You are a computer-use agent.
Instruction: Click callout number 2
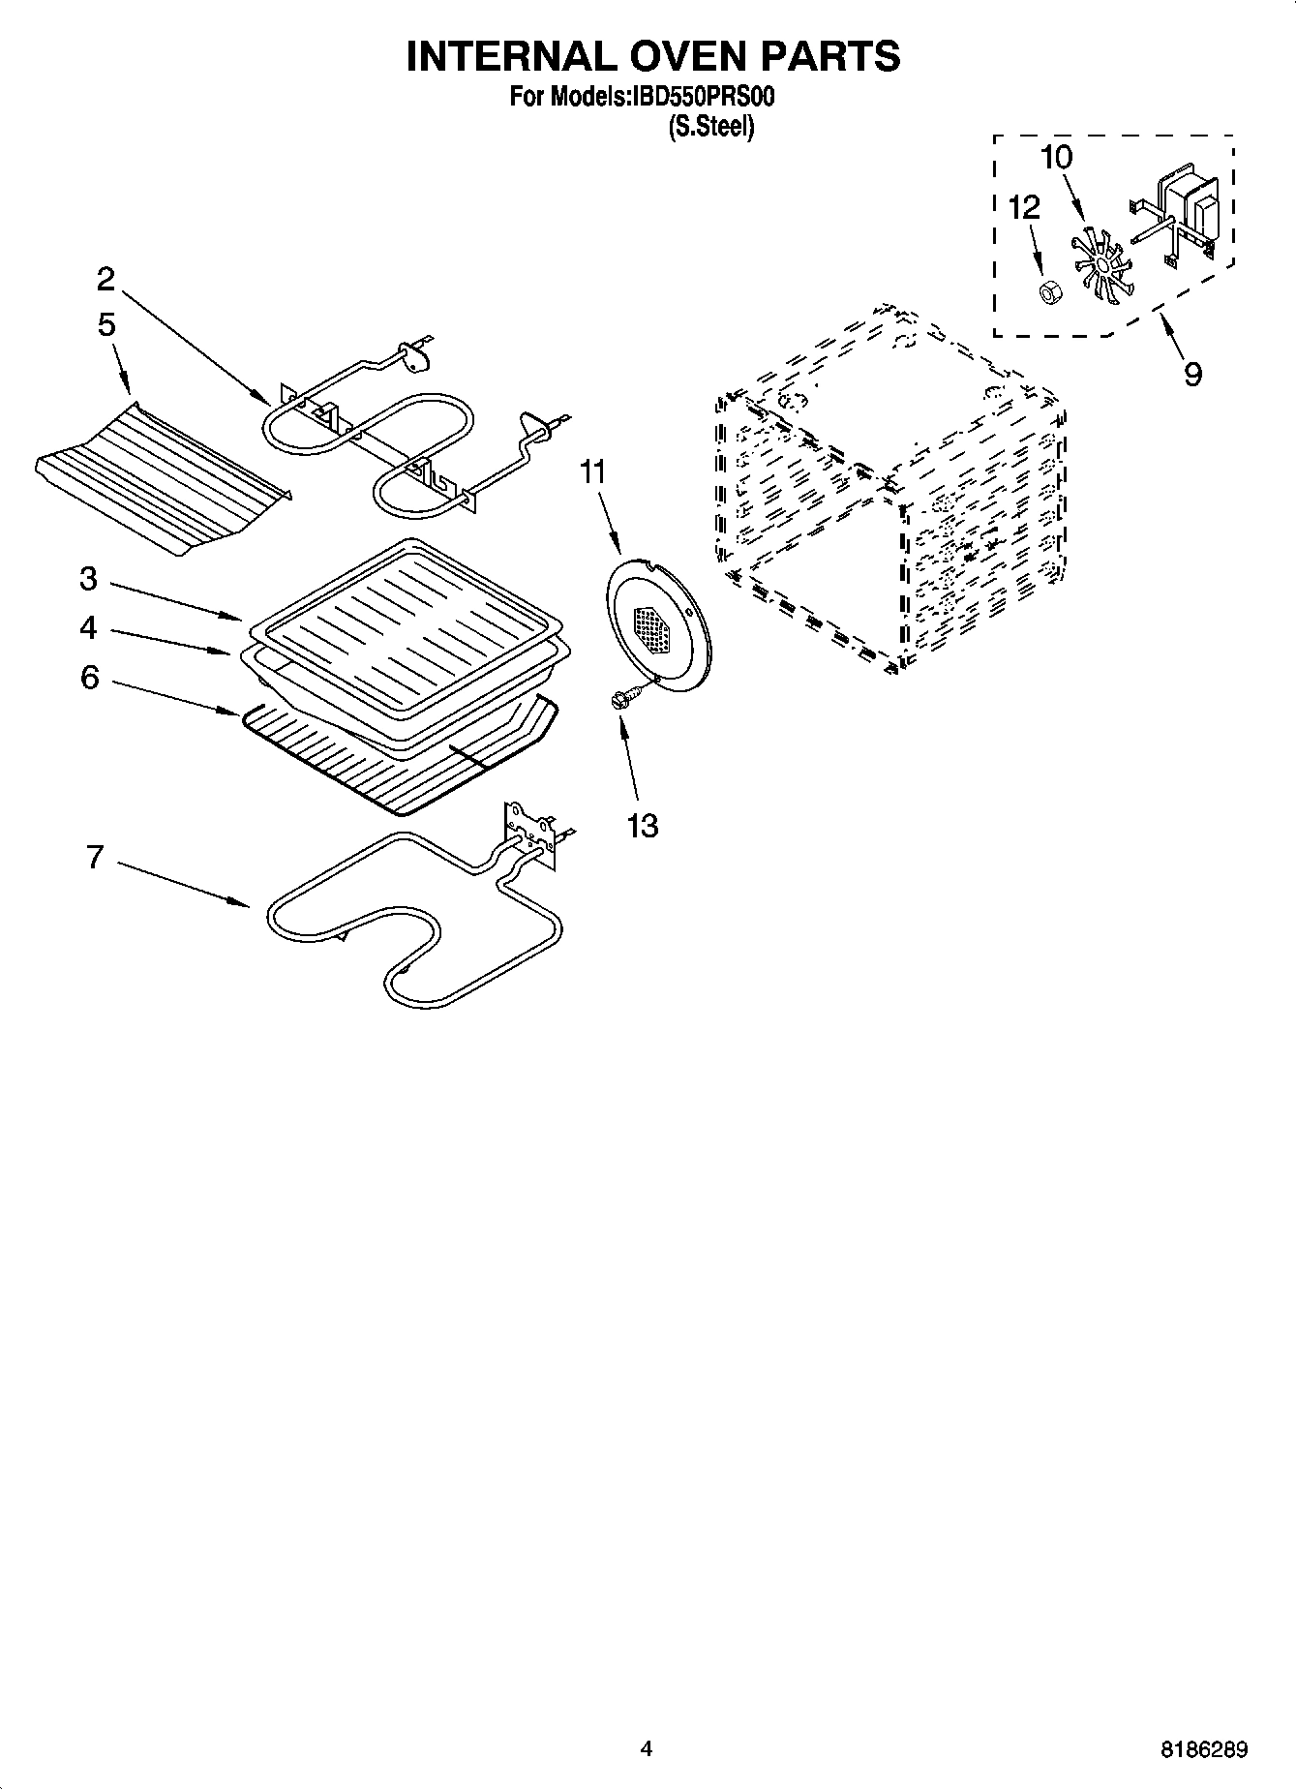[105, 280]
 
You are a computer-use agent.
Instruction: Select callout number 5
[106, 324]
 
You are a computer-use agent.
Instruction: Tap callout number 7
[94, 857]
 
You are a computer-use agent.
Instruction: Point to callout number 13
[643, 826]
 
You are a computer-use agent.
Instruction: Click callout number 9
[1192, 373]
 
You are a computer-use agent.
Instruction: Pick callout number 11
[592, 472]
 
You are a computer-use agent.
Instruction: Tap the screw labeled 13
[624, 697]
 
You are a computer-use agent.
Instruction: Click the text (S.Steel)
[710, 126]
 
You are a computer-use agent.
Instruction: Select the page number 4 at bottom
[647, 1748]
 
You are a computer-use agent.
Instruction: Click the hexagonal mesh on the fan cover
[655, 629]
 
